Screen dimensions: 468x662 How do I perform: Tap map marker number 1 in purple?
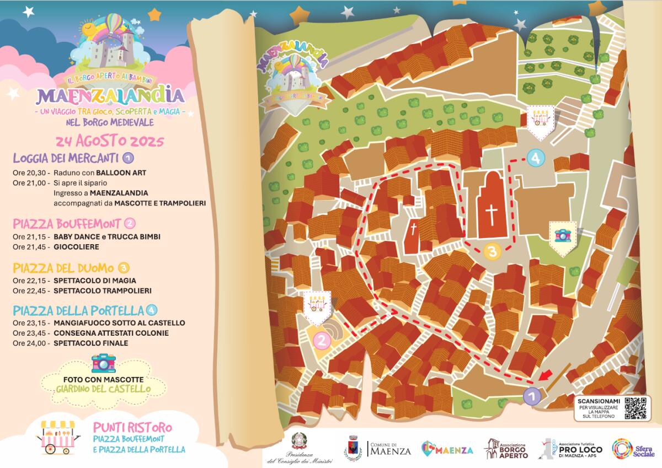click(531, 395)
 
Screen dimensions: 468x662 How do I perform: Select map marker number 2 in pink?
click(321, 340)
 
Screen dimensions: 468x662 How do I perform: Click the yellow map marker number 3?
click(492, 251)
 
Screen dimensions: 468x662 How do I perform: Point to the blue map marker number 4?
click(535, 158)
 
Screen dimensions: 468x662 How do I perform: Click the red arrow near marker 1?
click(546, 376)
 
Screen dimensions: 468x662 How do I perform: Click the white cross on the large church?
click(490, 214)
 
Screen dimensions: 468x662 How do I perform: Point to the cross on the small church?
click(413, 230)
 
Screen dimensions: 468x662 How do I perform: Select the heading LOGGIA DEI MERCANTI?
click(66, 159)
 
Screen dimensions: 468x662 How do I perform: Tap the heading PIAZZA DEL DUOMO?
click(63, 268)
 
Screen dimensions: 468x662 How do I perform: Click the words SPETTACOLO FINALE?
click(91, 343)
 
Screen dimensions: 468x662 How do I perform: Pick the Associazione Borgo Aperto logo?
click(506, 449)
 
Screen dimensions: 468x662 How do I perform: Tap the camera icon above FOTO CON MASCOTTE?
click(103, 363)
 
